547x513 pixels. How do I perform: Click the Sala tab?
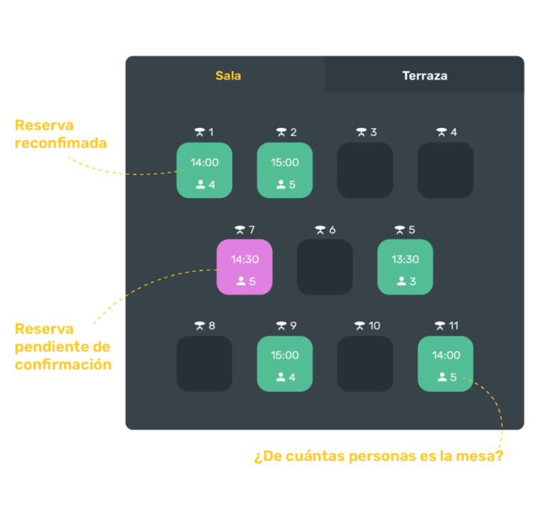point(228,75)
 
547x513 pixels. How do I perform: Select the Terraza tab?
point(424,75)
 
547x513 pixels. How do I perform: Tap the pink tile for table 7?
point(244,267)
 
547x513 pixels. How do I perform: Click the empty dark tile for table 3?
point(365,170)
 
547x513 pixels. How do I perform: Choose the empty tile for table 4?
point(445,170)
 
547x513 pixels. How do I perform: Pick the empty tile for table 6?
point(325,267)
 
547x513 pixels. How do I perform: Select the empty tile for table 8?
point(204,364)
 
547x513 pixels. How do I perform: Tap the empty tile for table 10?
point(365,364)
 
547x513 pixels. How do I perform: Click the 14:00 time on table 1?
point(204,162)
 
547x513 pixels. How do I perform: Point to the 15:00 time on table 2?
point(285,162)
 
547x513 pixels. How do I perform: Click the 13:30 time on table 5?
point(405,259)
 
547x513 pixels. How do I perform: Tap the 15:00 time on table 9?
point(285,355)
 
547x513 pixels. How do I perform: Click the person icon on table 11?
point(442,377)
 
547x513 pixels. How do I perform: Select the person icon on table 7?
point(241,280)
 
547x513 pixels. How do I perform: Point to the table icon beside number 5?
point(400,230)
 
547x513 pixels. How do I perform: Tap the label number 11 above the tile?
point(454,326)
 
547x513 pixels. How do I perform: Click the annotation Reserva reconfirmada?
point(61,134)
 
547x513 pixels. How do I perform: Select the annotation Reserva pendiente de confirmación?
point(63,347)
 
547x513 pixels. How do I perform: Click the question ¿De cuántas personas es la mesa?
point(378,457)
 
